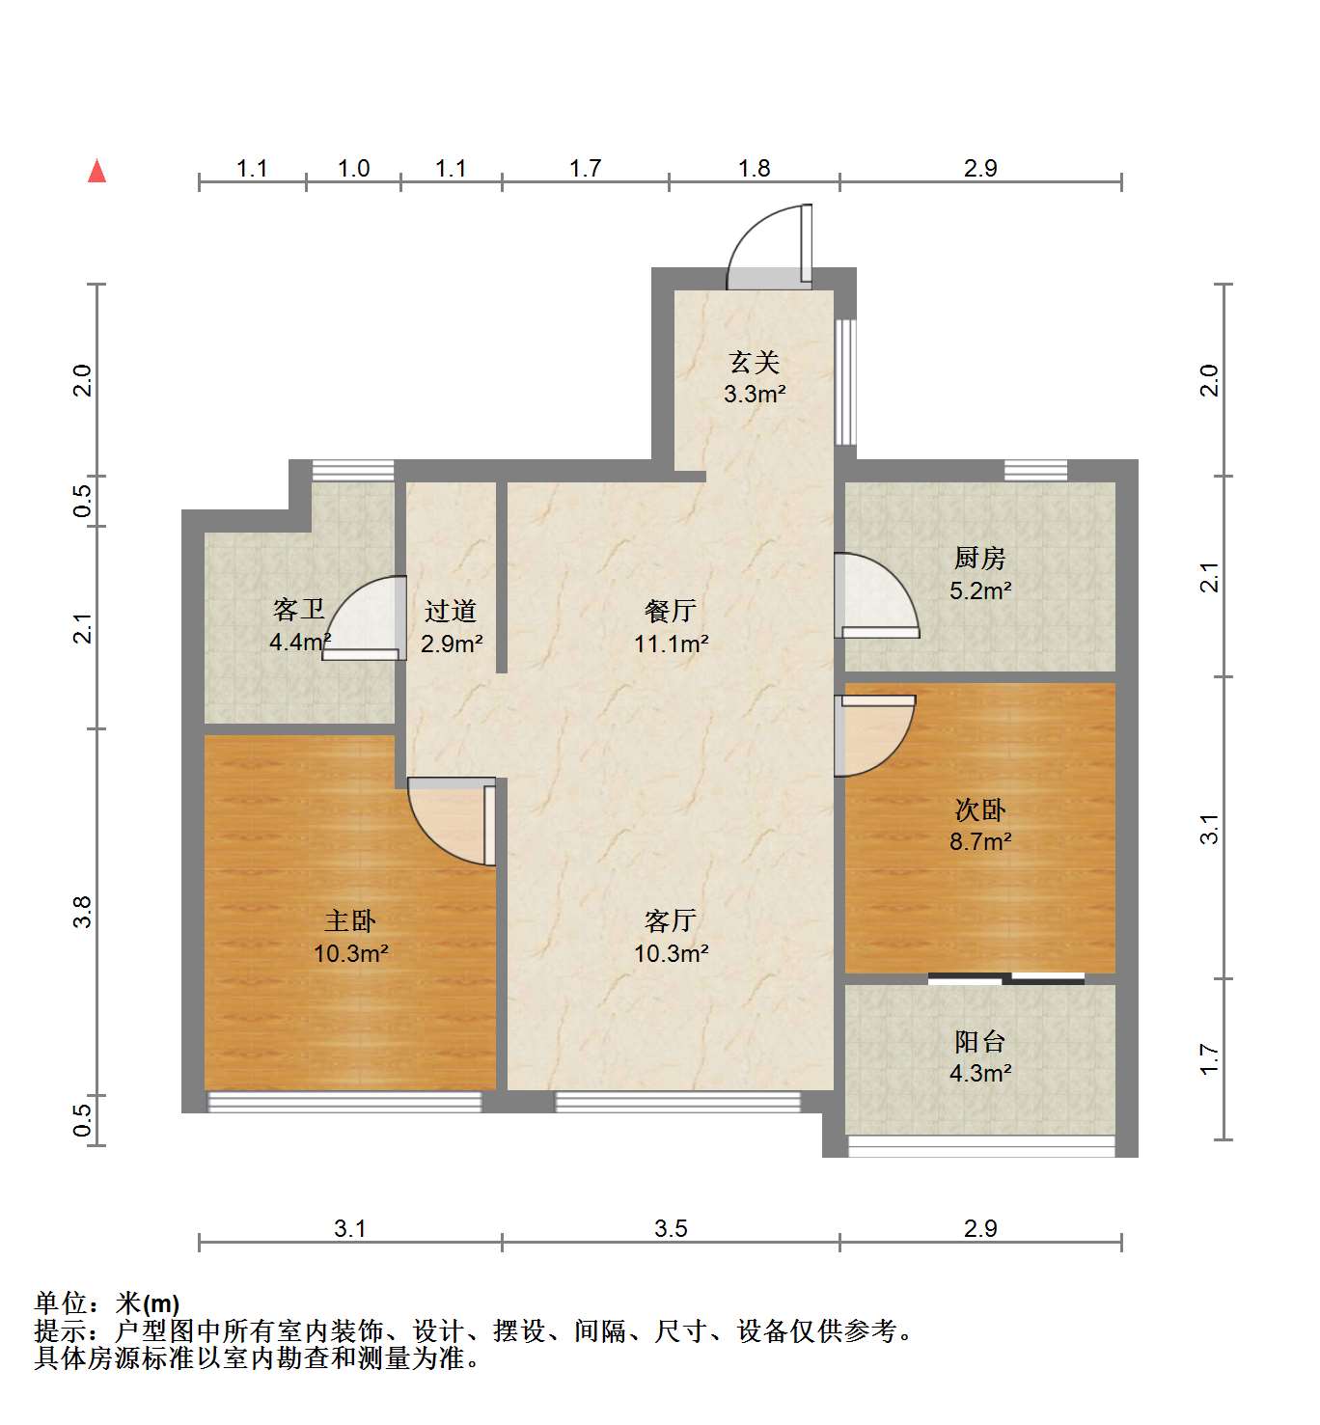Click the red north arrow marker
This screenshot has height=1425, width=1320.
tap(96, 172)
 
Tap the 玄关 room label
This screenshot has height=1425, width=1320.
tap(754, 363)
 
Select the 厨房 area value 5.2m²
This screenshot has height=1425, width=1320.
tap(980, 590)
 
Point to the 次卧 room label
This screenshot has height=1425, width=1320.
tap(980, 810)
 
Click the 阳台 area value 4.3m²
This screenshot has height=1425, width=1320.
tap(980, 1073)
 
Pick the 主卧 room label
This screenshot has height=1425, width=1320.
tap(350, 921)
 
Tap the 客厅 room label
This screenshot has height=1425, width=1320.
tap(671, 921)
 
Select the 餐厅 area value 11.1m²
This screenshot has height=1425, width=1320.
tap(671, 644)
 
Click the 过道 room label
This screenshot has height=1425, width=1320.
tap(451, 612)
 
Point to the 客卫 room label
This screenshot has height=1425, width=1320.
tap(298, 610)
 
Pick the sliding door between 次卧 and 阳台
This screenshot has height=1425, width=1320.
tap(1005, 978)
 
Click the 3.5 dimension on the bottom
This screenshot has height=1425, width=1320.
tap(671, 1228)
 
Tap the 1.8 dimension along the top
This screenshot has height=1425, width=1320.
tap(754, 168)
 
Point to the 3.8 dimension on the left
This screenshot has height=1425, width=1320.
tap(83, 912)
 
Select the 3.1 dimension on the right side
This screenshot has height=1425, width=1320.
tap(1209, 828)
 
